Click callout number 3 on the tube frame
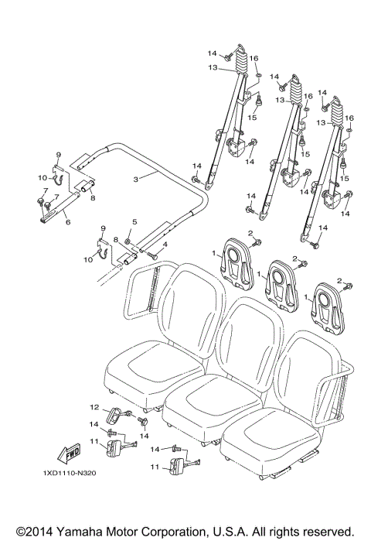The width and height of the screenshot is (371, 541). click(x=137, y=179)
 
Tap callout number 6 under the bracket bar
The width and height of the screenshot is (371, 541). click(x=67, y=222)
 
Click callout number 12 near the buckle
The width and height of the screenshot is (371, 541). click(x=94, y=407)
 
